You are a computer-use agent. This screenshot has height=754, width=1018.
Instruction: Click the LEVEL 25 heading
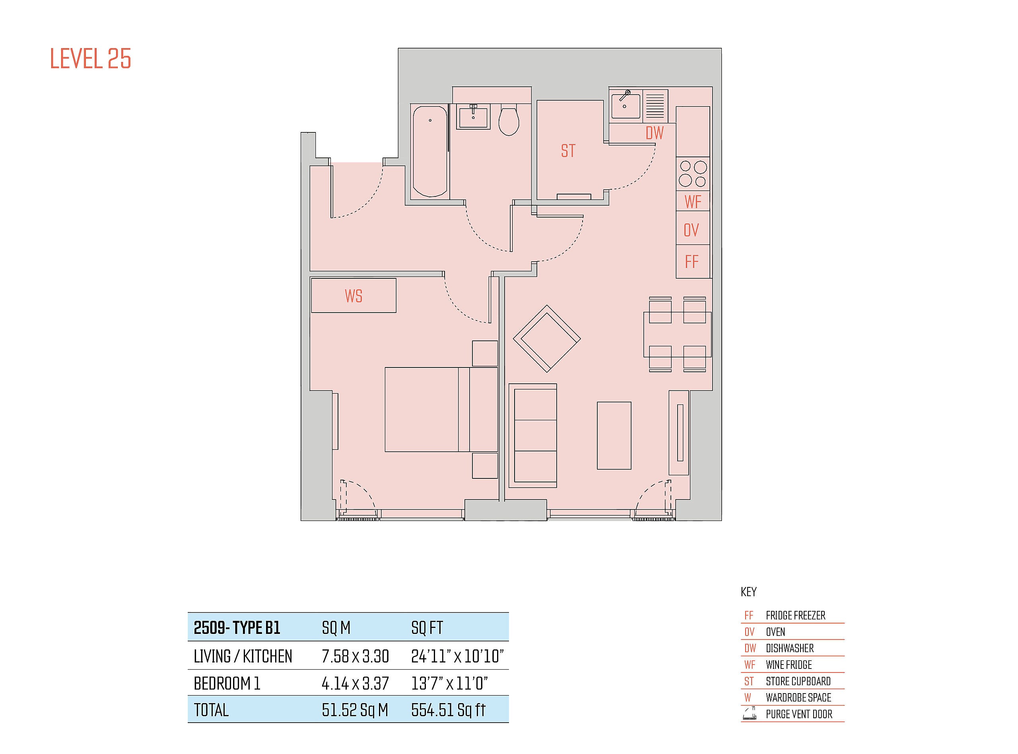pos(90,59)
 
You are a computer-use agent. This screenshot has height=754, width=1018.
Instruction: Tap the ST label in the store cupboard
pos(568,151)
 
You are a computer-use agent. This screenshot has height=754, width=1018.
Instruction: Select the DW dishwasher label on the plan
pos(654,133)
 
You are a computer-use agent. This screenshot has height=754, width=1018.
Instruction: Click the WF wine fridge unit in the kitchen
pos(693,201)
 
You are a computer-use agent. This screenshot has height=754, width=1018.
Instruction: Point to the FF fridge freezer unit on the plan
pos(693,261)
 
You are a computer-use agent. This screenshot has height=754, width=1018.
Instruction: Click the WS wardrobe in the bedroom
pos(354,295)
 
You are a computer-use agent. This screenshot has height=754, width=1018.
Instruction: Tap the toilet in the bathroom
pos(509,120)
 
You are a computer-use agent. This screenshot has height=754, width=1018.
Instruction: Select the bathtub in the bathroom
pos(430,152)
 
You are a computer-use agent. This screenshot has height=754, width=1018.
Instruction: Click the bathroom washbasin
pos(473,117)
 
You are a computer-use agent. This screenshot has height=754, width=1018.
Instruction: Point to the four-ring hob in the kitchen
pos(693,174)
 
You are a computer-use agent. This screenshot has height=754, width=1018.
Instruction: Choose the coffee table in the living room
pos(614,435)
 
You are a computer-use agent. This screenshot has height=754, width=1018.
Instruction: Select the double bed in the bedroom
pos(441,409)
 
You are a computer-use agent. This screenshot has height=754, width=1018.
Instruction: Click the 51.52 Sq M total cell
pos(355,710)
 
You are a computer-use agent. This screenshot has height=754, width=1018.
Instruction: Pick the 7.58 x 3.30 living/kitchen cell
pos(356,656)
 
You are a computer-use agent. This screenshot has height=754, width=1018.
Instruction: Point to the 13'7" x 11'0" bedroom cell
pos(449,683)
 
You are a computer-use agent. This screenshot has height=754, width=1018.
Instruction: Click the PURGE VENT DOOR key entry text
pos(799,714)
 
